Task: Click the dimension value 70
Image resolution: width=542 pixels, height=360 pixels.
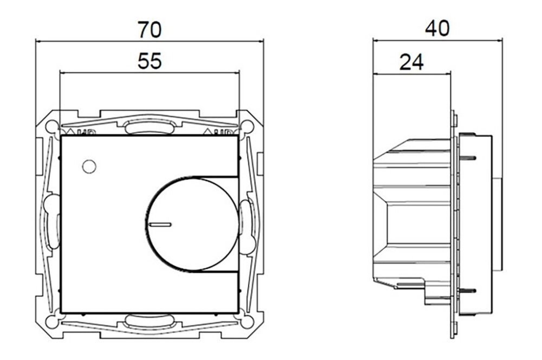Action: [x=149, y=29]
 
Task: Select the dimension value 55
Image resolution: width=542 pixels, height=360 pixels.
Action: [x=150, y=61]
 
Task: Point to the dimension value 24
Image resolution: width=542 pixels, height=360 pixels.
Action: [x=411, y=62]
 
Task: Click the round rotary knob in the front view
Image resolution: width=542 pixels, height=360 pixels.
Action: [x=192, y=223]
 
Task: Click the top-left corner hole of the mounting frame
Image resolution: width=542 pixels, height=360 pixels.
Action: [x=51, y=126]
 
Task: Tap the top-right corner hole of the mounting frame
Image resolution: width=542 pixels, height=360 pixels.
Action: [x=247, y=126]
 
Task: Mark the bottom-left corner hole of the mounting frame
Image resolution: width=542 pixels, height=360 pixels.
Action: [x=51, y=321]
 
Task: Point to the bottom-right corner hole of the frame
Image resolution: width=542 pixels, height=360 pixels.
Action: [x=247, y=321]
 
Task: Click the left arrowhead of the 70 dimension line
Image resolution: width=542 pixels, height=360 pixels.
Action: [x=37, y=40]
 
